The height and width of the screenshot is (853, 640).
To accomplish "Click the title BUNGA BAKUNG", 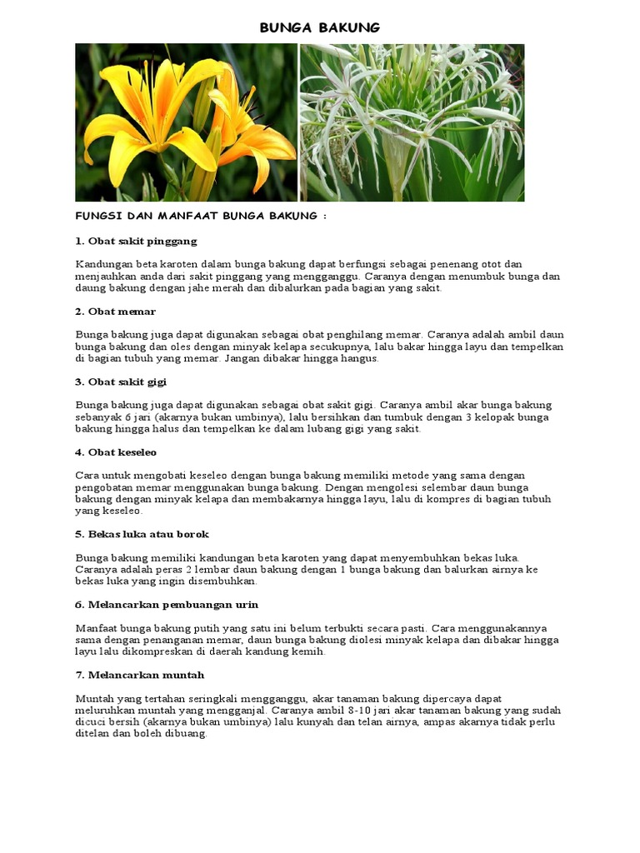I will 320,27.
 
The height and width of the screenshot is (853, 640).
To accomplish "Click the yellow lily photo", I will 186,122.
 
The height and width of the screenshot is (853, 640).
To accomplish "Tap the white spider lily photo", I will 412,122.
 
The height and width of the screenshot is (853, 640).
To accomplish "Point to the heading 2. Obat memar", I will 116,312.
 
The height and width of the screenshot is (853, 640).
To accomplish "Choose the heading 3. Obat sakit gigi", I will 121,382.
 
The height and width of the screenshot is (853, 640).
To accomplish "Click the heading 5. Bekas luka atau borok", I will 142,534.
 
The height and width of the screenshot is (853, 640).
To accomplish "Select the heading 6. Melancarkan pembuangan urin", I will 167,604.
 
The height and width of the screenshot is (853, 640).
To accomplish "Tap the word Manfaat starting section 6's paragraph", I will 97,628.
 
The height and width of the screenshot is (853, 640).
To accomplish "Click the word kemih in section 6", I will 310,651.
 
